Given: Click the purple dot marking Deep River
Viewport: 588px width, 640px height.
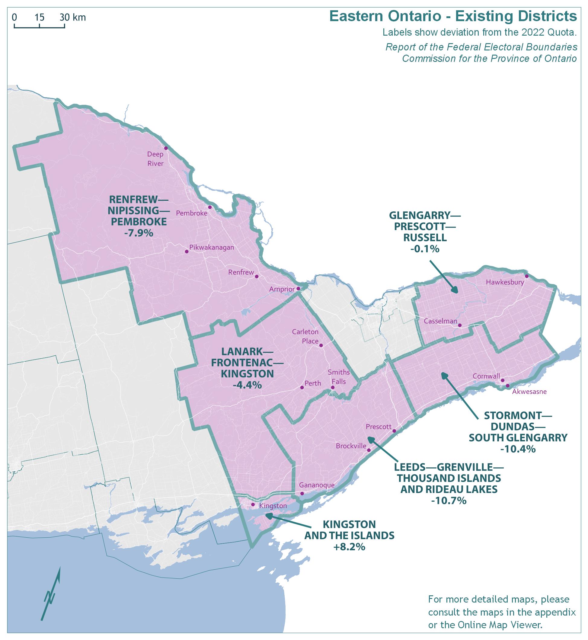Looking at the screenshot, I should [x=166, y=148].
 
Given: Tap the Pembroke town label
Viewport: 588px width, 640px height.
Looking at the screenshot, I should [x=192, y=213].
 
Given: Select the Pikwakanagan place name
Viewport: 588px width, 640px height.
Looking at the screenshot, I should [x=212, y=247].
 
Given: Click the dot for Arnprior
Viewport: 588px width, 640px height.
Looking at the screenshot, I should [x=298, y=289].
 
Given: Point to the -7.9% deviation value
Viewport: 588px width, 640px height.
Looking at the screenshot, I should [x=139, y=233].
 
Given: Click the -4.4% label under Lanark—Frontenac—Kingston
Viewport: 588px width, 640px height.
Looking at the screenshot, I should [x=247, y=385].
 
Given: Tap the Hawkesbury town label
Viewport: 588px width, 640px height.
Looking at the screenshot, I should [x=505, y=282].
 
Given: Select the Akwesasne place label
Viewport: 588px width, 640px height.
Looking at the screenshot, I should [x=529, y=392].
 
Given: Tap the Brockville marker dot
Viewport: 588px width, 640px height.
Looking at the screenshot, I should [x=369, y=450].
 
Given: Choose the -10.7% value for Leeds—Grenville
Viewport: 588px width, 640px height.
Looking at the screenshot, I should [x=449, y=501].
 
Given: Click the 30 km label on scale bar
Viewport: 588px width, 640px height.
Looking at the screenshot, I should [x=73, y=18].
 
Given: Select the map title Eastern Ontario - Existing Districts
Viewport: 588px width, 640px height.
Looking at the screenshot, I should [x=453, y=16].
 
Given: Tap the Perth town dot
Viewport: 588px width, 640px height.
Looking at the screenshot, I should [x=302, y=388].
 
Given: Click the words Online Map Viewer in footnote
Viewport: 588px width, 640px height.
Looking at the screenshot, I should [x=500, y=625].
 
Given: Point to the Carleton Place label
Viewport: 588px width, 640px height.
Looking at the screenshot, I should [x=305, y=336].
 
